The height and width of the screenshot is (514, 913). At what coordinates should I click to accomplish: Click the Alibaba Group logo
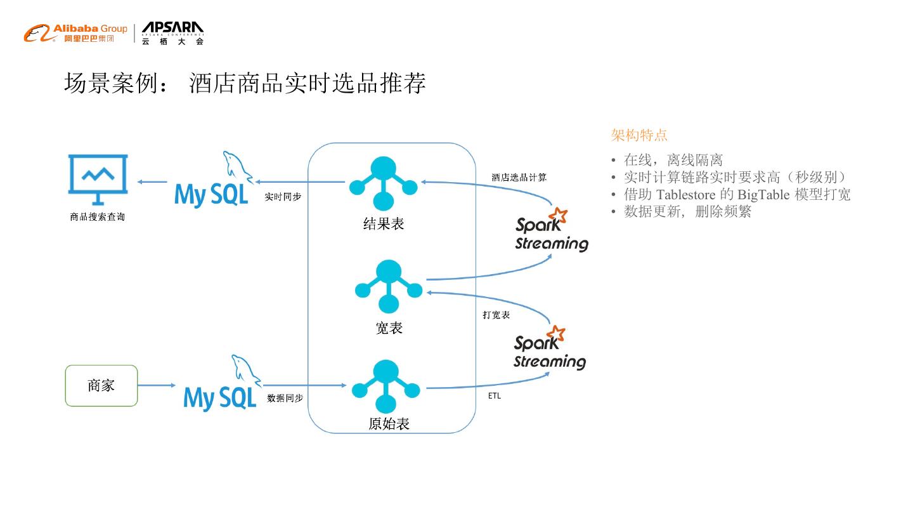76,33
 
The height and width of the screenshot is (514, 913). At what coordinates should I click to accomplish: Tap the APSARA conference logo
172,33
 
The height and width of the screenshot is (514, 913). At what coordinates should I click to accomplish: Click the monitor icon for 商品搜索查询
98,180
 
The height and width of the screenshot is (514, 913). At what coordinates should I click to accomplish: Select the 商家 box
101,386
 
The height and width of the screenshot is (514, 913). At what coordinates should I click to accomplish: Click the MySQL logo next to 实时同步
214,180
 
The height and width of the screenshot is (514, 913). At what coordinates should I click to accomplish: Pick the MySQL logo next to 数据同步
222,383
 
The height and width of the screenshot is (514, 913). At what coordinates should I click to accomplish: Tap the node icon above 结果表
383,183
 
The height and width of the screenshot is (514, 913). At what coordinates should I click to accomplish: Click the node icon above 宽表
389,286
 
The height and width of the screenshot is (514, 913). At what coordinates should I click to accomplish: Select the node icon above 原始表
385,386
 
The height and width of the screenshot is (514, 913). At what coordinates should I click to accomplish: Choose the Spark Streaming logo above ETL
550,348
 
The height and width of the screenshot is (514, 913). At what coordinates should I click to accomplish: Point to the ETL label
495,396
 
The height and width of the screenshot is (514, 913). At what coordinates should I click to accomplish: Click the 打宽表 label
496,315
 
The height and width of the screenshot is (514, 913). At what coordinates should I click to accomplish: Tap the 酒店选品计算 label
519,178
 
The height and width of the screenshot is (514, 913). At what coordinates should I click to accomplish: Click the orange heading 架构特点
638,135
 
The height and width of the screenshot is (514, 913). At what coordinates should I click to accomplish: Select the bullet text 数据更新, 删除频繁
687,211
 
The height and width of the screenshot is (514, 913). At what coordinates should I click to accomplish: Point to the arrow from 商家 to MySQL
157,385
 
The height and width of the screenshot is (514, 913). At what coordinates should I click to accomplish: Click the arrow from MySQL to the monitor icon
152,181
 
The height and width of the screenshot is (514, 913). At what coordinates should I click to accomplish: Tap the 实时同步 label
283,197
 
